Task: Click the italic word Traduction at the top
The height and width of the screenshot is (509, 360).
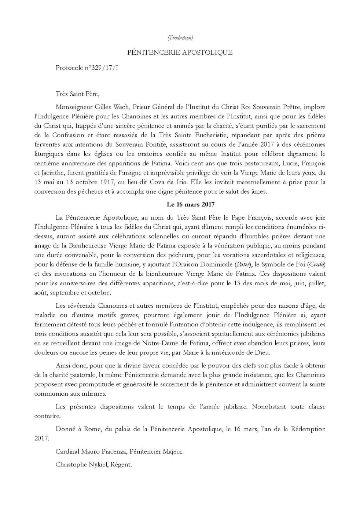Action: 180,38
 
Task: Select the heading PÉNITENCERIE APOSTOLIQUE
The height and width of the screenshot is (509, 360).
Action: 180,52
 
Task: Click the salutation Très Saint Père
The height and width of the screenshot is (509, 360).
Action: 77,94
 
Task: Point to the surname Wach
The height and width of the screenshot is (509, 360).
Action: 121,107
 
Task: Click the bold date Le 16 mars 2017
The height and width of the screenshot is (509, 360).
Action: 190,204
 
